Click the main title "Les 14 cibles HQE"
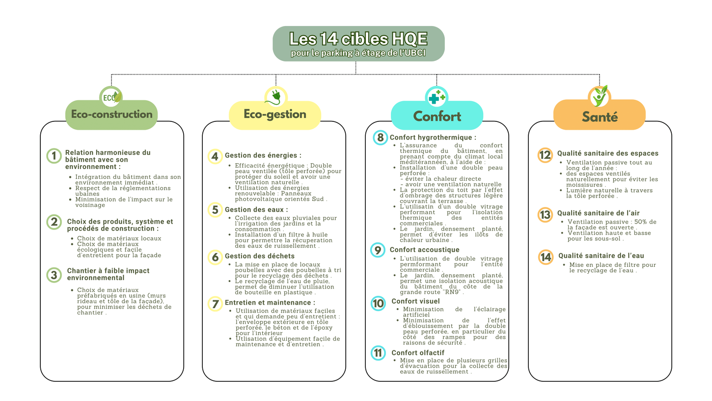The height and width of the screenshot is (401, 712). coord(358,38)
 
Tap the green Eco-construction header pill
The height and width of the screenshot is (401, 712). coord(111,115)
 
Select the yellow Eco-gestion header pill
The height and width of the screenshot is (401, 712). coord(274,115)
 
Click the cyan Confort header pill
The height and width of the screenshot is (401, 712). coord(437,116)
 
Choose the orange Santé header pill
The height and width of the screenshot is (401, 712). coord(600,116)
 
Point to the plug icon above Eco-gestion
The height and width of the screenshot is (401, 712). coord(275,97)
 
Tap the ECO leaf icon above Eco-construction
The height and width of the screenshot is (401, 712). coord(111,97)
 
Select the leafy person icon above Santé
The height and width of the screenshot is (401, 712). coord(600,96)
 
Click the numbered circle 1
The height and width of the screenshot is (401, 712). coord(54,156)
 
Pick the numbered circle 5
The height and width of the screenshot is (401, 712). coord(215,210)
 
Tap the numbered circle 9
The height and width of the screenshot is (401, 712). coord(378,250)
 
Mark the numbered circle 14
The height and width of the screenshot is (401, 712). coord(545,257)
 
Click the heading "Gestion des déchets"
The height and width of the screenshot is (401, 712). coord(259,256)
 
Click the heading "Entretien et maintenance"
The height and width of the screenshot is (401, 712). coord(270,303)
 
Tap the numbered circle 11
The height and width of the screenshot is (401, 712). coord(378,353)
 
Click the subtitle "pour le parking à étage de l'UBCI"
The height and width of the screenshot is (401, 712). coord(358,53)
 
